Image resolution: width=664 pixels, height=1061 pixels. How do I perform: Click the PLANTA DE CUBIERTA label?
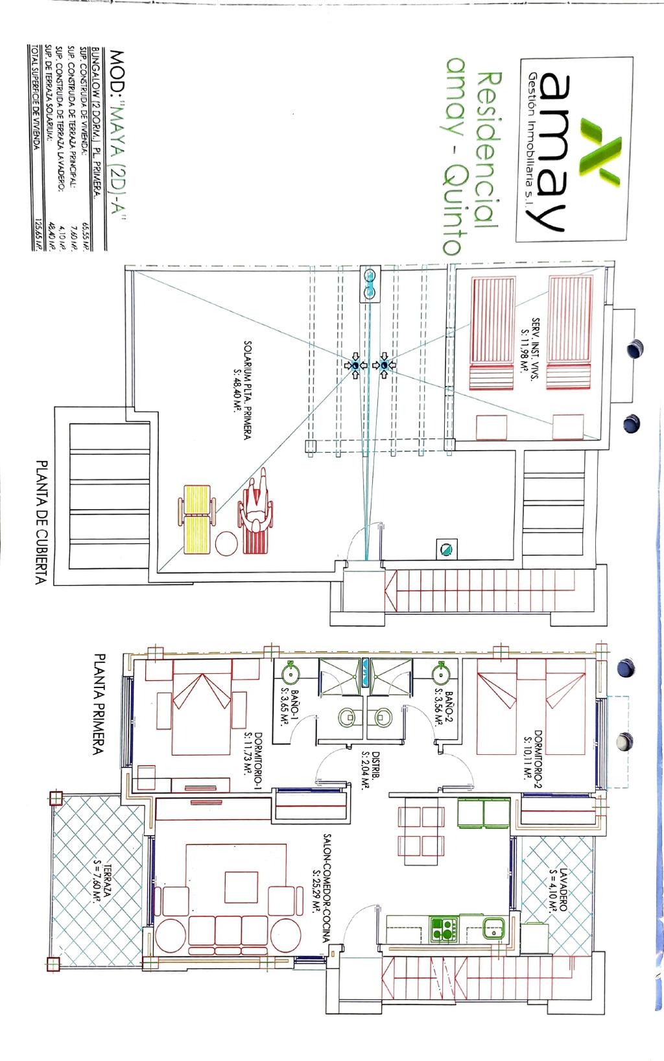(x=42, y=523)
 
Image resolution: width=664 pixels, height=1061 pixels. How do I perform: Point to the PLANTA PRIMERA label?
(x=99, y=704)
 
